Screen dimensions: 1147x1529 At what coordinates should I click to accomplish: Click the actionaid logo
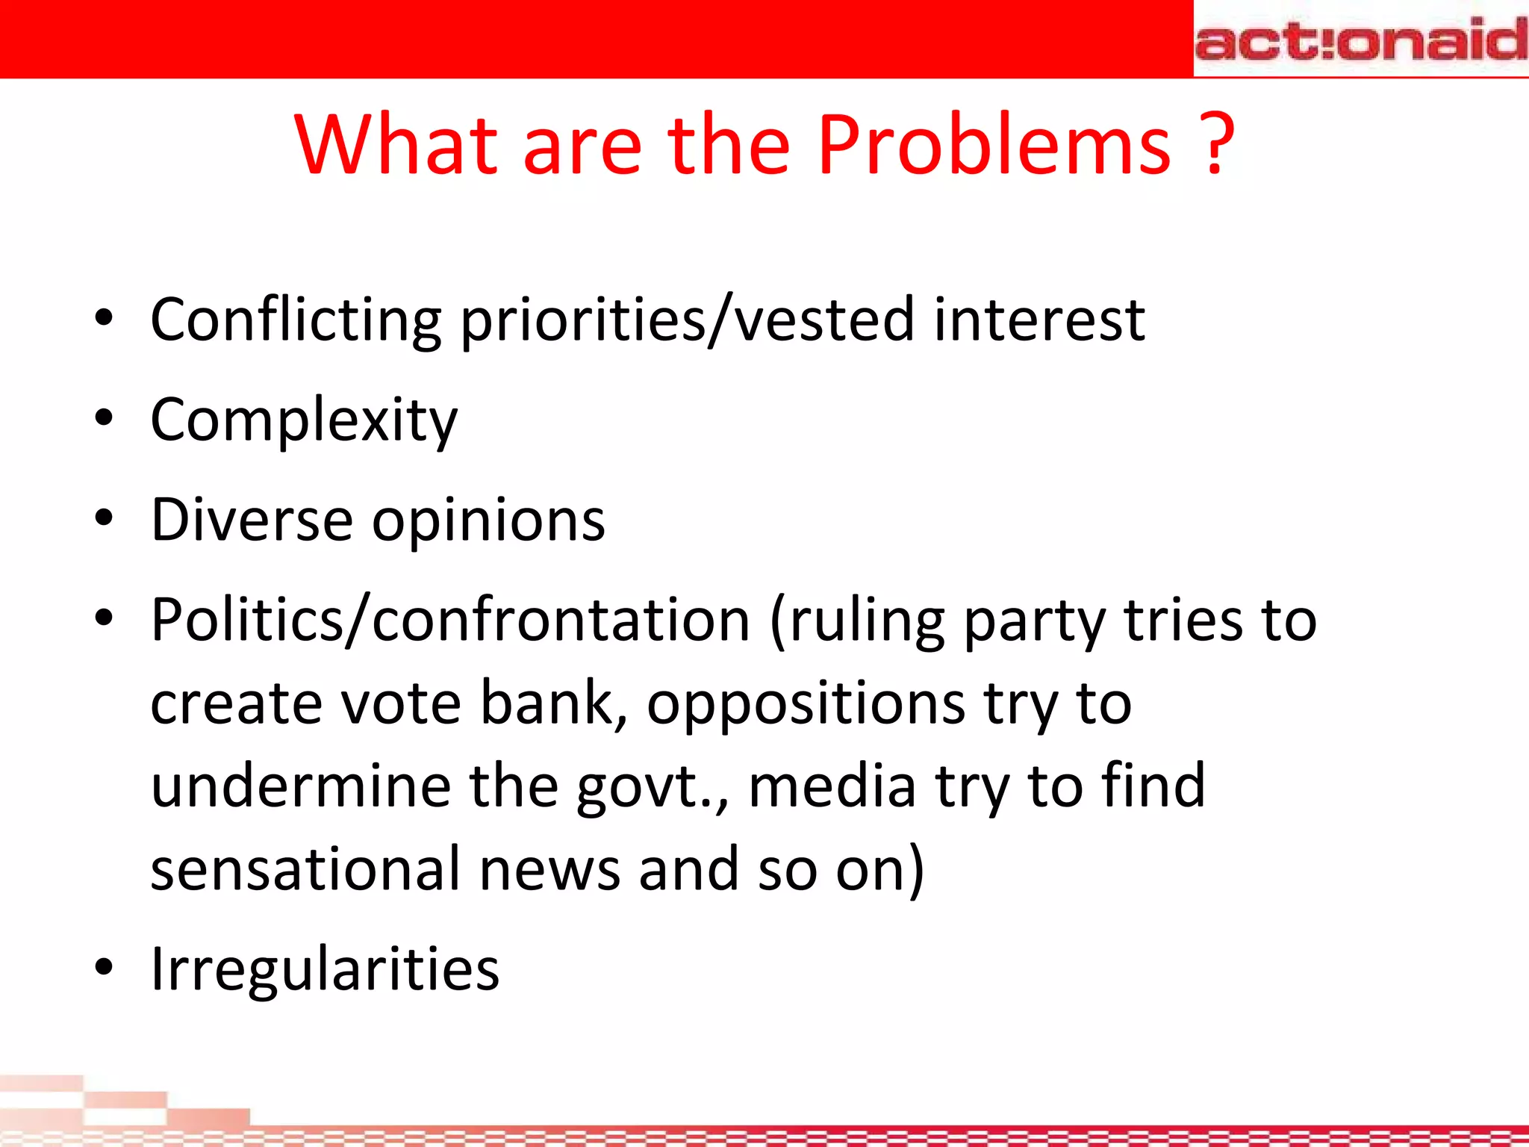[1360, 39]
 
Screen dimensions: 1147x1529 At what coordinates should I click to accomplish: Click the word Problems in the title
[993, 145]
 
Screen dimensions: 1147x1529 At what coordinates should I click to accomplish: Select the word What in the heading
[396, 145]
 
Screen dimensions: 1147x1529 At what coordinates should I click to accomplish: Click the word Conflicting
[296, 320]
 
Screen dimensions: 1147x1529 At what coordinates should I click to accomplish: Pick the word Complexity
[304, 420]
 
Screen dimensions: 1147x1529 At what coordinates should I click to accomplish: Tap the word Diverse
[252, 520]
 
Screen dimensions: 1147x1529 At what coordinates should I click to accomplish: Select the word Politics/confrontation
[449, 620]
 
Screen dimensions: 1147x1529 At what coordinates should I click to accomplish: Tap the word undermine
[301, 786]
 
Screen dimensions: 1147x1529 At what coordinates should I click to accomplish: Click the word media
[832, 786]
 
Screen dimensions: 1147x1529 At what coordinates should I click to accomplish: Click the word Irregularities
[325, 969]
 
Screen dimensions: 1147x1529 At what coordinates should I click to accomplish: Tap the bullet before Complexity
[104, 419]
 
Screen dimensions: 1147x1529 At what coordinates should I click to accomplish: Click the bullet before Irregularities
[104, 968]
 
